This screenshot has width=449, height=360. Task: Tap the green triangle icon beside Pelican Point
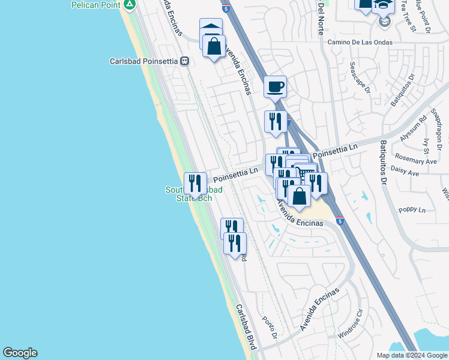[130, 5]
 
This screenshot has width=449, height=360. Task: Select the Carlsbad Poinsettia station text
[144, 61]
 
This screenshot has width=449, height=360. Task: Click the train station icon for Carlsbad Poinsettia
[185, 61]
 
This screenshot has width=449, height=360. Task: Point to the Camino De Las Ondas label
[360, 43]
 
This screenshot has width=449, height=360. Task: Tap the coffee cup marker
[276, 86]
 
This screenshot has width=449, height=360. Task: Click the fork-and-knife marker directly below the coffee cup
[276, 121]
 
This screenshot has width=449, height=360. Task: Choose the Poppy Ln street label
[412, 210]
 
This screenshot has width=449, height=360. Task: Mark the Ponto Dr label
[270, 328]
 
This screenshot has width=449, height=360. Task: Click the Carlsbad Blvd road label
[246, 326]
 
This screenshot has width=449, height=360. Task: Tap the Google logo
[20, 353]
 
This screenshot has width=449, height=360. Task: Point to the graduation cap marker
[383, 5]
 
